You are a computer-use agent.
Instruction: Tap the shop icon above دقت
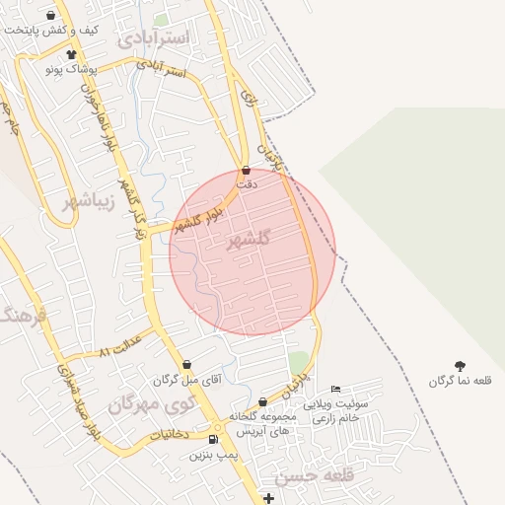[x=246, y=170]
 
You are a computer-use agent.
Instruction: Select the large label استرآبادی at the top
[x=157, y=37]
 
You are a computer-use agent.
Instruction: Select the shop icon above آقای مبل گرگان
[x=186, y=364]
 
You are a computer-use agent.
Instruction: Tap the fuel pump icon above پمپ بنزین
[x=214, y=439]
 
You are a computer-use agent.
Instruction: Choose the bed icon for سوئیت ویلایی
[x=335, y=388]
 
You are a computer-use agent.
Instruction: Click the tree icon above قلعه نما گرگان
[x=460, y=366]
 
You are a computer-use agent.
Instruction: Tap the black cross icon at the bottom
[x=269, y=498]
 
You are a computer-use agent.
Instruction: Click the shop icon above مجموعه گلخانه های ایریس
[x=262, y=401]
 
